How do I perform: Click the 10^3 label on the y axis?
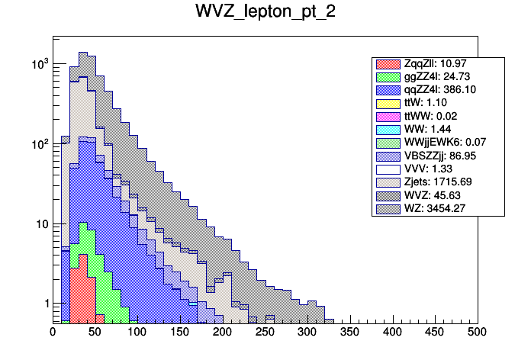click(38, 65)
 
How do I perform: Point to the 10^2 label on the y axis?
click(38, 144)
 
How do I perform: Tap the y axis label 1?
click(43, 304)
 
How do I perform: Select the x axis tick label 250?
click(265, 333)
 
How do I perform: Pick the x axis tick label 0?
click(53, 333)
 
